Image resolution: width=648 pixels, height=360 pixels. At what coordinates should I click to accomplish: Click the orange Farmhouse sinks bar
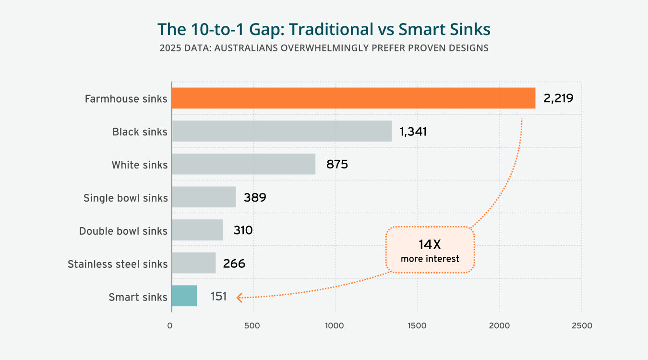click(353, 98)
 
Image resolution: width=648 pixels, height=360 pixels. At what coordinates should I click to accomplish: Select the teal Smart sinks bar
click(184, 296)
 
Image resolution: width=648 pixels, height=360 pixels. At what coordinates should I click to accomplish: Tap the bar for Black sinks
click(282, 131)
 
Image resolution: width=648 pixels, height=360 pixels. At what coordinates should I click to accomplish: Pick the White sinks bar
click(243, 164)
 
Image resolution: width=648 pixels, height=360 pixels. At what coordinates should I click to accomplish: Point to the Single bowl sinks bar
click(204, 197)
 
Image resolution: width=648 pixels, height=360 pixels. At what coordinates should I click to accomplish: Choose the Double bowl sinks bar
click(197, 230)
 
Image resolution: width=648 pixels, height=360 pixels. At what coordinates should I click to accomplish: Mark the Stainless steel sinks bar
click(193, 263)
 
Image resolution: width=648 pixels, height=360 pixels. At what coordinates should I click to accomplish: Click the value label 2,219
click(558, 98)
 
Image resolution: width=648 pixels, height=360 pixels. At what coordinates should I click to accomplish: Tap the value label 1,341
click(413, 132)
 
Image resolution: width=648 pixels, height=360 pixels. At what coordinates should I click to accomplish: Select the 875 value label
click(337, 165)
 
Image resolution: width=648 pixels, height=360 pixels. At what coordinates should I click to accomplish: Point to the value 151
click(218, 297)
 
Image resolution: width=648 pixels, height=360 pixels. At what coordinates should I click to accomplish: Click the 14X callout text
click(430, 244)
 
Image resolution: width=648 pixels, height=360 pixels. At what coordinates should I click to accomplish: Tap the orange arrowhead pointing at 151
click(239, 298)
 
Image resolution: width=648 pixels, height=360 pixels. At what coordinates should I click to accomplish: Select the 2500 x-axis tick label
click(581, 326)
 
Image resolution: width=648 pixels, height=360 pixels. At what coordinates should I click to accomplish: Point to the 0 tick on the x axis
click(170, 326)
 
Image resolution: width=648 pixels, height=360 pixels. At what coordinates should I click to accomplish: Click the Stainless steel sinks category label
click(118, 264)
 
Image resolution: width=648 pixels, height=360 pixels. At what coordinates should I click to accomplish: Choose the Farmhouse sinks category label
click(126, 99)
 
